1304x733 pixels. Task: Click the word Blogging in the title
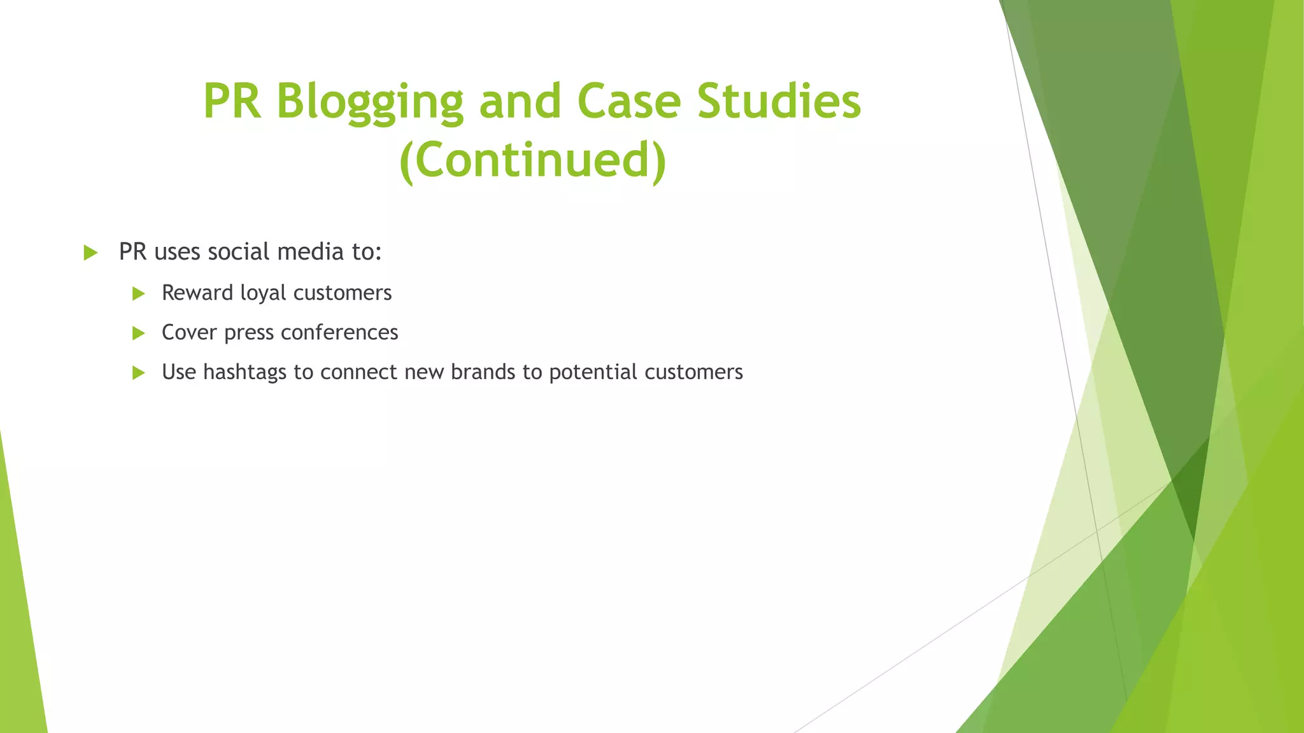[x=369, y=102]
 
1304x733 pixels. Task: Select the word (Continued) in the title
[x=532, y=160]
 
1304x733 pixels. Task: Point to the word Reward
[x=197, y=293]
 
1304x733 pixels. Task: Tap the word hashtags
[x=244, y=372]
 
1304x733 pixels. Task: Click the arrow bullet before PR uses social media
[x=90, y=253]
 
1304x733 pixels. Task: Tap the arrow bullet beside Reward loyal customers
[x=138, y=293]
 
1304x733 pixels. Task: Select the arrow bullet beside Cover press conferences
[x=138, y=333]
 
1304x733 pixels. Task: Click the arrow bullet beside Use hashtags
[x=138, y=373]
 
